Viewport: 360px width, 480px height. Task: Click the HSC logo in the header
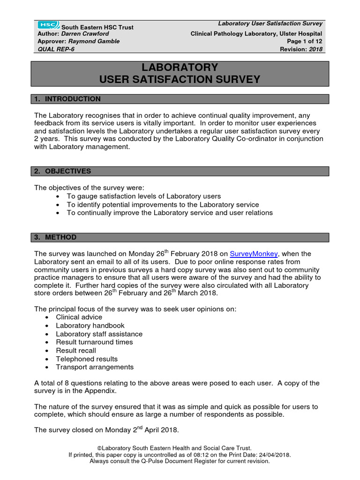click(47, 25)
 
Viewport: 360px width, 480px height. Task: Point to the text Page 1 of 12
click(304, 41)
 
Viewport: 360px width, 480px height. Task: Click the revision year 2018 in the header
click(315, 49)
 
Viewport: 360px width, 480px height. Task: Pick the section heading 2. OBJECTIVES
click(63, 171)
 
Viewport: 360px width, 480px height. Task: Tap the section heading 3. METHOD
click(55, 237)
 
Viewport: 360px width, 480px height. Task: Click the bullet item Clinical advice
click(79, 317)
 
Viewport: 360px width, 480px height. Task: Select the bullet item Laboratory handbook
click(90, 326)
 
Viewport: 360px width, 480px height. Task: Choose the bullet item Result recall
click(76, 351)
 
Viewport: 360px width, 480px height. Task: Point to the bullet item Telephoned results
click(87, 359)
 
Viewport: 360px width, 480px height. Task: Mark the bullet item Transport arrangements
click(95, 367)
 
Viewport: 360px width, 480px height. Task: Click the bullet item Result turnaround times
click(94, 342)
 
